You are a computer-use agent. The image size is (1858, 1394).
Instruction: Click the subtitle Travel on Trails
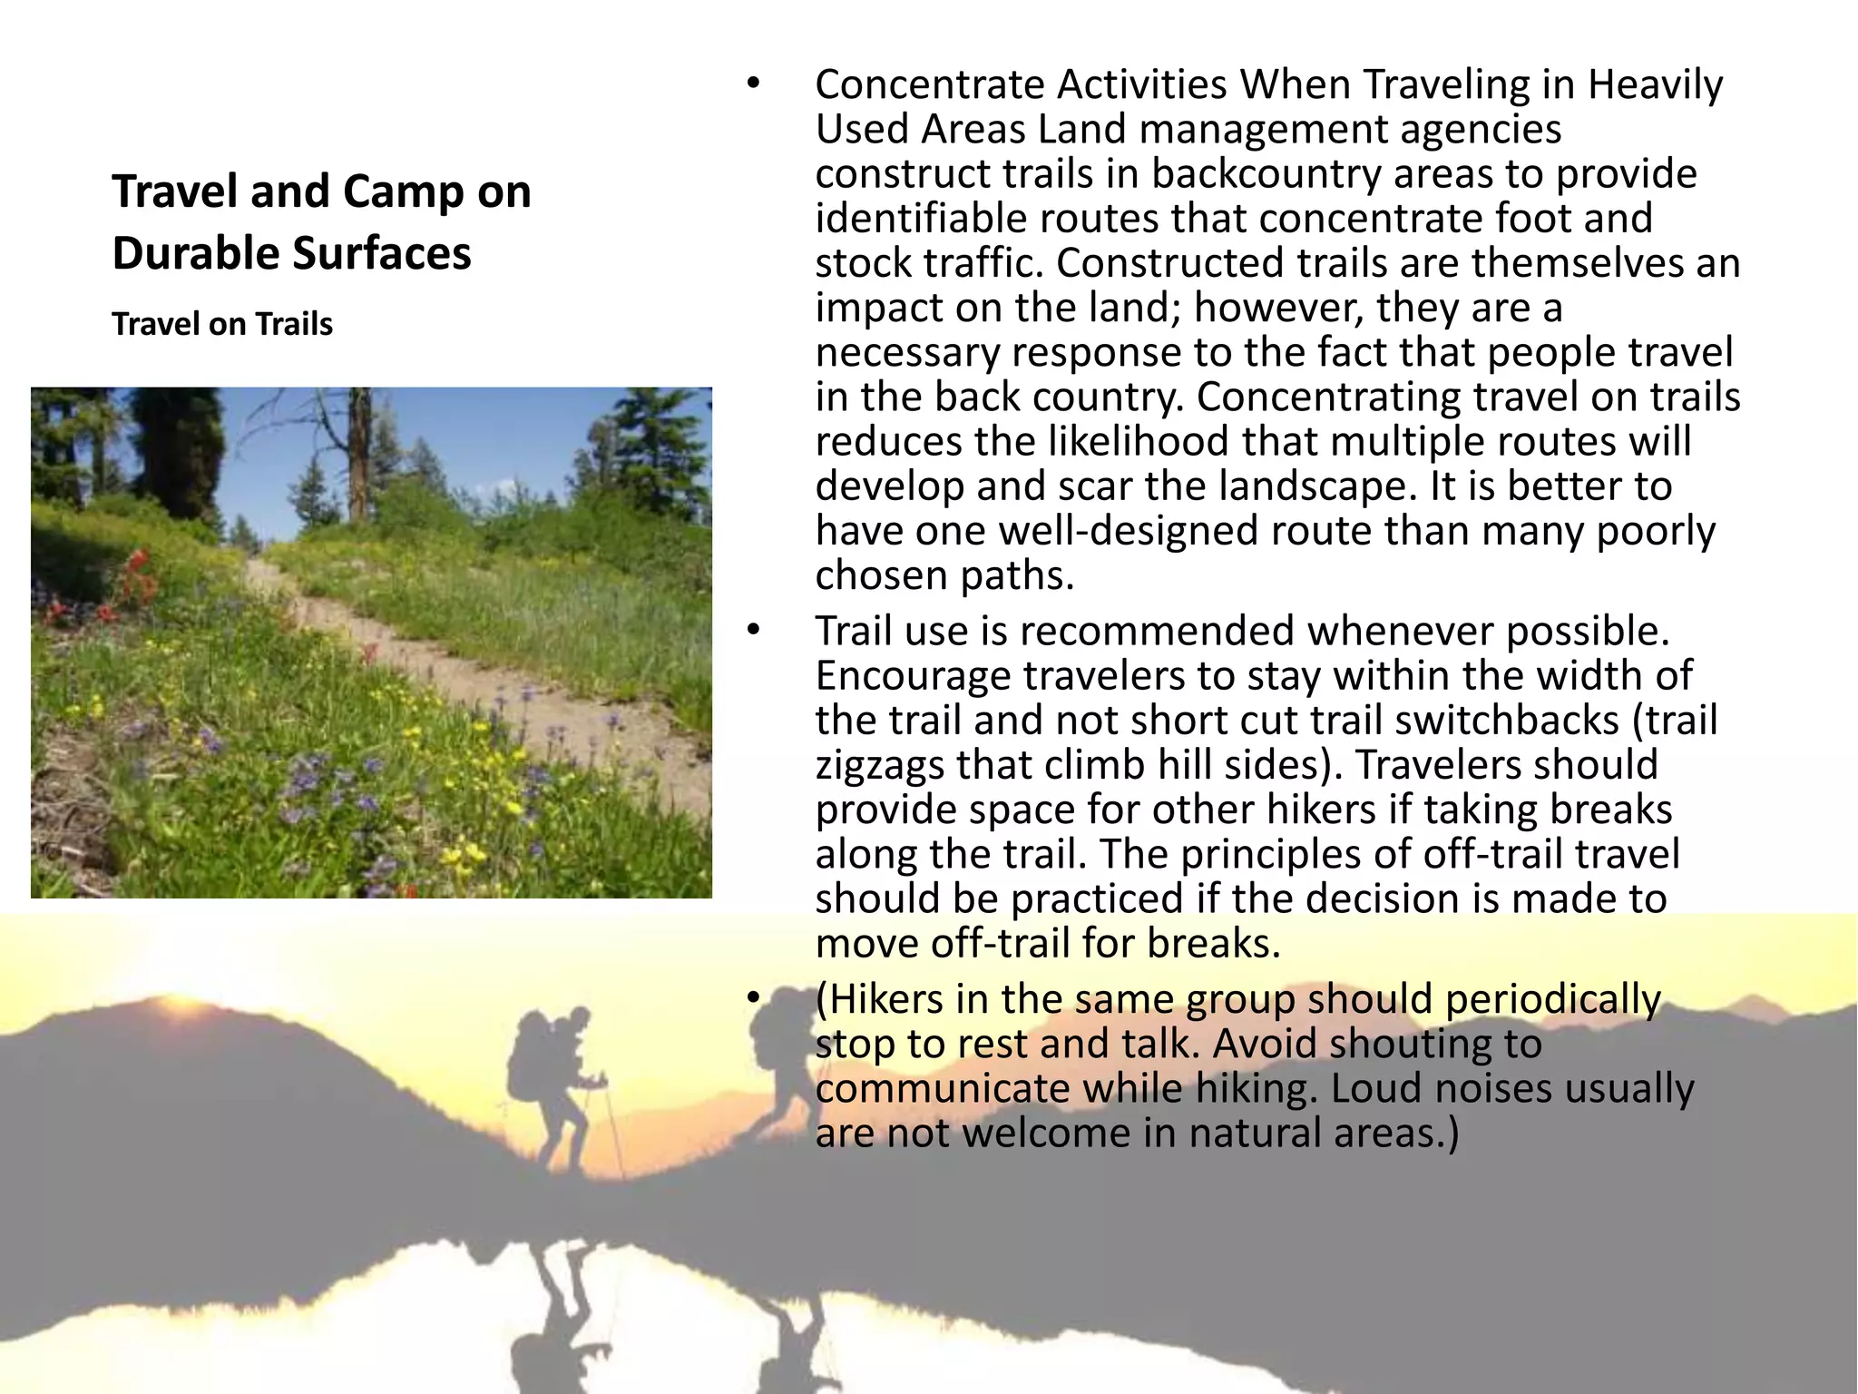click(222, 324)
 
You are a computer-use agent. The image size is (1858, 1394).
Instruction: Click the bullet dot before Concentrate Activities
click(751, 84)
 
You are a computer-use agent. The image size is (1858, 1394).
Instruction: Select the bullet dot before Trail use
click(751, 632)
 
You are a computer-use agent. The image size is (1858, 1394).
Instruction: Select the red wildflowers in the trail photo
click(136, 581)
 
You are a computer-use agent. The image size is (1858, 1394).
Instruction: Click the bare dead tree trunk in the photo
click(360, 454)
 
